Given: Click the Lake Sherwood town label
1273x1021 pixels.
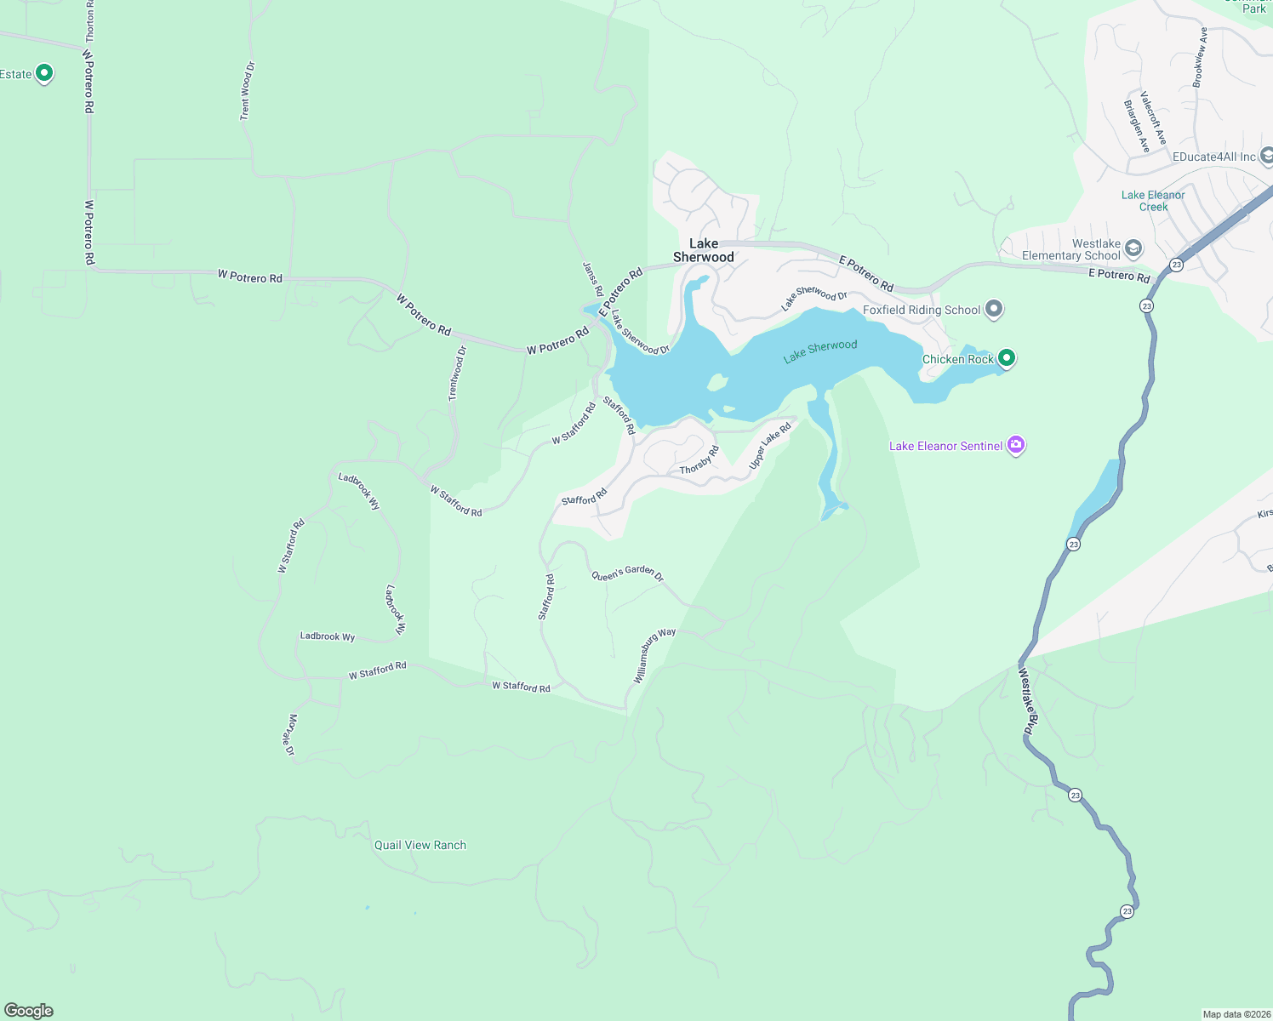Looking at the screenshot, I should [x=703, y=250].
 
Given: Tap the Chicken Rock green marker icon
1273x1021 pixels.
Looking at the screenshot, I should [x=1007, y=358].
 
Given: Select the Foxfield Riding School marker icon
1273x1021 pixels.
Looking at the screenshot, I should [x=994, y=310].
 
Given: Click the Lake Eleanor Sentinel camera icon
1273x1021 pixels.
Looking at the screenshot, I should [x=1015, y=445].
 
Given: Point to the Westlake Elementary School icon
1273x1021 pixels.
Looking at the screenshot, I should [x=1133, y=248].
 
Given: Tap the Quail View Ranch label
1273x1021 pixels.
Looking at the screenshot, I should [x=420, y=845].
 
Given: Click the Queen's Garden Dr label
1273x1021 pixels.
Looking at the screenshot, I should [x=627, y=573].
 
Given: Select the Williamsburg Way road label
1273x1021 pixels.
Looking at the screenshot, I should [x=654, y=655].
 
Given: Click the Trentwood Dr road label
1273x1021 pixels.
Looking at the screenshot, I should [x=458, y=374].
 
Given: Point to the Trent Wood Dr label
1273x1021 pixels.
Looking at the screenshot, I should [x=246, y=90].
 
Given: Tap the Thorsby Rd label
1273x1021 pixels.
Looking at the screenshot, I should [x=699, y=460].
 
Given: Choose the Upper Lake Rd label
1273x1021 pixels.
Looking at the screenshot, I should [x=769, y=447].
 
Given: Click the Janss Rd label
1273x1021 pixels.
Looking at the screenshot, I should [x=592, y=278].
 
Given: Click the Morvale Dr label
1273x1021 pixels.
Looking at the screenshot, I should [x=290, y=735].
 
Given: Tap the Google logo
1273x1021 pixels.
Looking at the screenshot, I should [x=29, y=1010].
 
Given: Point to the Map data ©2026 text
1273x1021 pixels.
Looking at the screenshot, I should [x=1236, y=1014].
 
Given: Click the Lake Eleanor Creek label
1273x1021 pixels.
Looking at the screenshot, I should [x=1153, y=201].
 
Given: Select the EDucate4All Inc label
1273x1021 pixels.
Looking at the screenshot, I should [x=1213, y=157].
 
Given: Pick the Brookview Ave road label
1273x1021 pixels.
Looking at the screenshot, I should [x=1200, y=57].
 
